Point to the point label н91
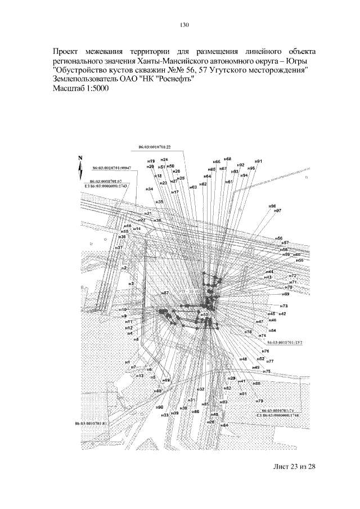[x=258, y=161]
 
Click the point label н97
[x=277, y=211]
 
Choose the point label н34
[x=150, y=189]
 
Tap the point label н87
[x=165, y=294]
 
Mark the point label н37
[x=119, y=248]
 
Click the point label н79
[x=259, y=401]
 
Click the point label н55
[x=300, y=260]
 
